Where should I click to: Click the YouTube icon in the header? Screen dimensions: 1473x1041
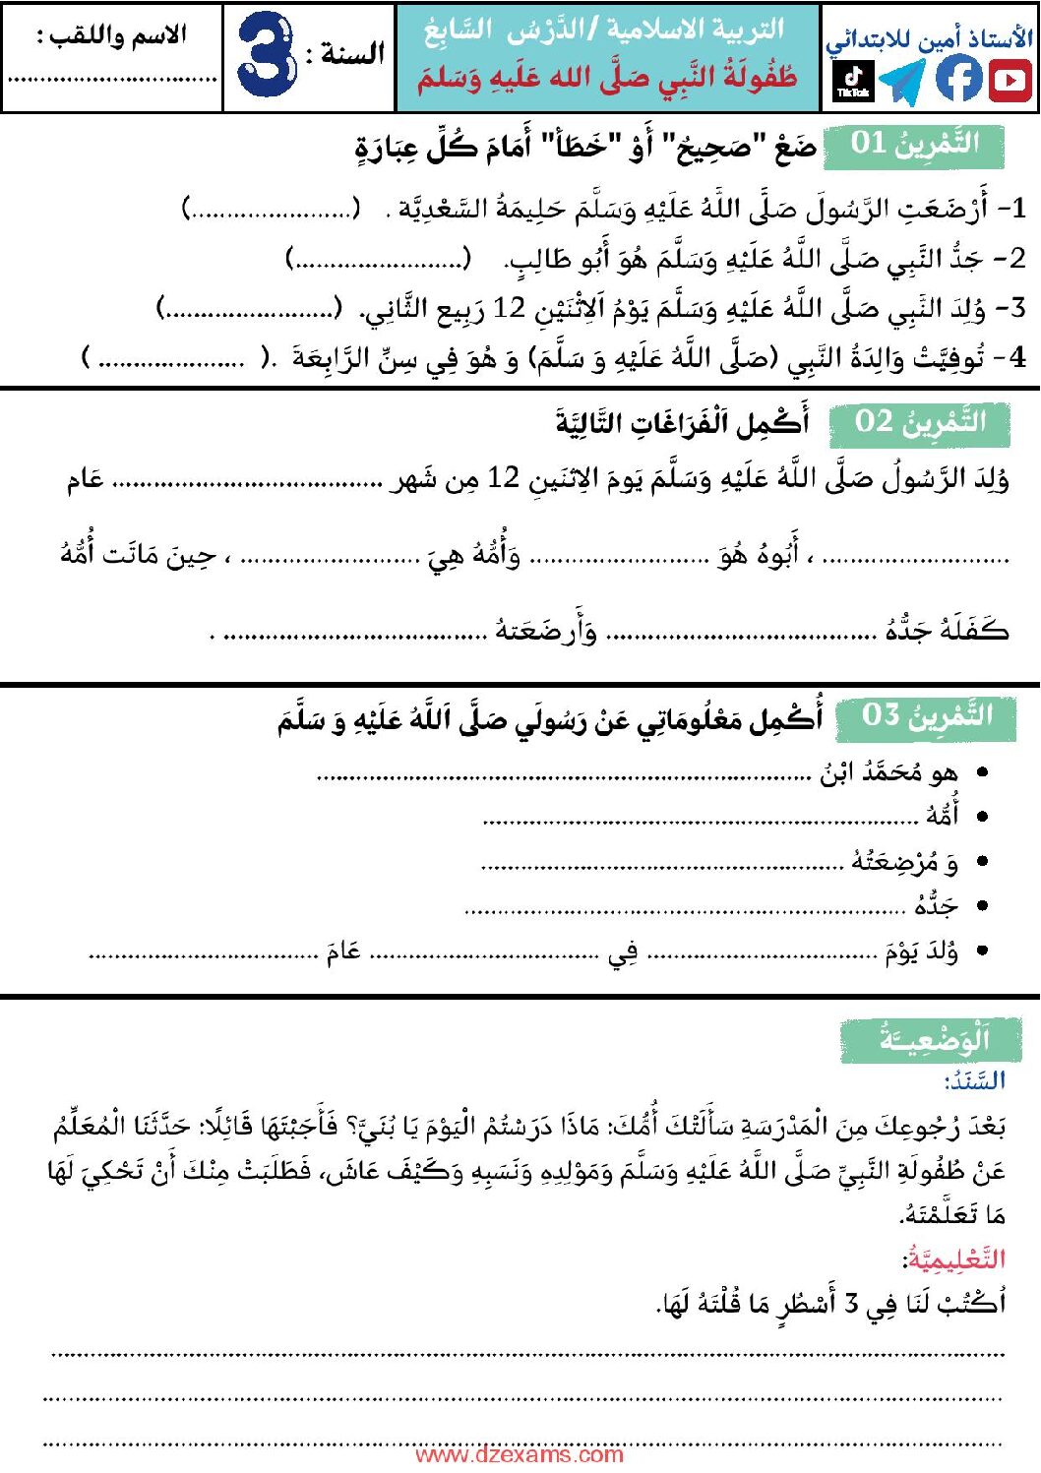click(x=1010, y=80)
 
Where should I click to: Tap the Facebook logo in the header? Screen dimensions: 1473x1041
click(x=958, y=79)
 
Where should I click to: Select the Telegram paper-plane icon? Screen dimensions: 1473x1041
click(x=903, y=81)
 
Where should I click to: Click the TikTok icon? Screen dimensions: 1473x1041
click(x=853, y=81)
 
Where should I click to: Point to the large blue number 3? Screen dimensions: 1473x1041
click(x=267, y=55)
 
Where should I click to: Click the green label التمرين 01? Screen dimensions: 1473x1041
click(x=915, y=144)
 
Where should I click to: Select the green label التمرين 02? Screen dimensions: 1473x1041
click(x=920, y=422)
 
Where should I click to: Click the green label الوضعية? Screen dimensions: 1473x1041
click(x=931, y=1039)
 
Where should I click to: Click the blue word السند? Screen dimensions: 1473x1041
click(x=974, y=1081)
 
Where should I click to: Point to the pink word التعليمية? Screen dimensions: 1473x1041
click(x=954, y=1258)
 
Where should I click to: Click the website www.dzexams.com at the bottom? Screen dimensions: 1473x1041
click(x=520, y=1454)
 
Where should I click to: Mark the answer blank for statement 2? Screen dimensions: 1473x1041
click(x=379, y=260)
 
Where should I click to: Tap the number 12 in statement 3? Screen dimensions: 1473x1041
click(x=510, y=308)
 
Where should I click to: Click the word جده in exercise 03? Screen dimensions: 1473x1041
click(x=936, y=905)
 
